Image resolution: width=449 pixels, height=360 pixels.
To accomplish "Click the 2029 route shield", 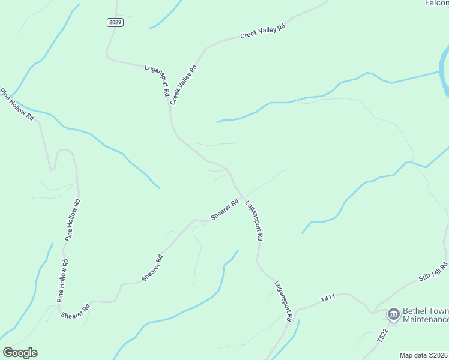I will pos(116,22).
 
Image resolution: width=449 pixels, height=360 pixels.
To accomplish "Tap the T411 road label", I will pos(327,298).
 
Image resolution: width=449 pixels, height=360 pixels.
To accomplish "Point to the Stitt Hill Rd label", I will pos(433,272).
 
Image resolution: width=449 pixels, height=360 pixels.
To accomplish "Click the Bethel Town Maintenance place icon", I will pos(393,313).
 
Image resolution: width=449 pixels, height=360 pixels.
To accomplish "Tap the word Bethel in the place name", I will pos(416,311).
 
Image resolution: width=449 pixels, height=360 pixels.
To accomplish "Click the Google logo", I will pos(20,353).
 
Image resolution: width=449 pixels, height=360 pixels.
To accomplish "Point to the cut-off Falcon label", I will pos(436,3).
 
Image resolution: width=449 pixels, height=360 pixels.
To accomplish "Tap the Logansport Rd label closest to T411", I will pos(283,300).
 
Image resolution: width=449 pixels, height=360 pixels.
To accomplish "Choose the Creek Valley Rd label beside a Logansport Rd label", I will pos(184,85).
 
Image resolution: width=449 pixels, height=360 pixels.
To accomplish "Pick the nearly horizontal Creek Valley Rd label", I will pos(262,31).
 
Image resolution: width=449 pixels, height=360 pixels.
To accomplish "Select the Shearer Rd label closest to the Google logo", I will pos(75,311).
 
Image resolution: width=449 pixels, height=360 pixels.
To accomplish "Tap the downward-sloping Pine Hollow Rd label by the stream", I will pos(17,104).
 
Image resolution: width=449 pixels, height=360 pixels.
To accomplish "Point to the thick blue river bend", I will pos(445,81).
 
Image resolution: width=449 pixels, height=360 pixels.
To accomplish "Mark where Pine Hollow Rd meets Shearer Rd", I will pos(59,307).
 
